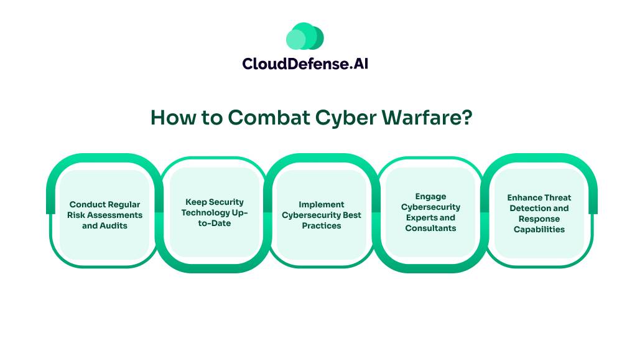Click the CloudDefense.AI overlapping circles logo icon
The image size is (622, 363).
point(305,37)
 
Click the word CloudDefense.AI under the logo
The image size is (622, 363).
point(305,63)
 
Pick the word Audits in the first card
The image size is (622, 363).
point(114,225)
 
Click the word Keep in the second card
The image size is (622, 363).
point(195,202)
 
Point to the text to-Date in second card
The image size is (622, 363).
point(215,223)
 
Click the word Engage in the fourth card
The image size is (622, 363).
point(430,197)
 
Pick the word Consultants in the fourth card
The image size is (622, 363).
point(430,229)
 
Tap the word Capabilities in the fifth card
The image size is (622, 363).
point(539,229)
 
